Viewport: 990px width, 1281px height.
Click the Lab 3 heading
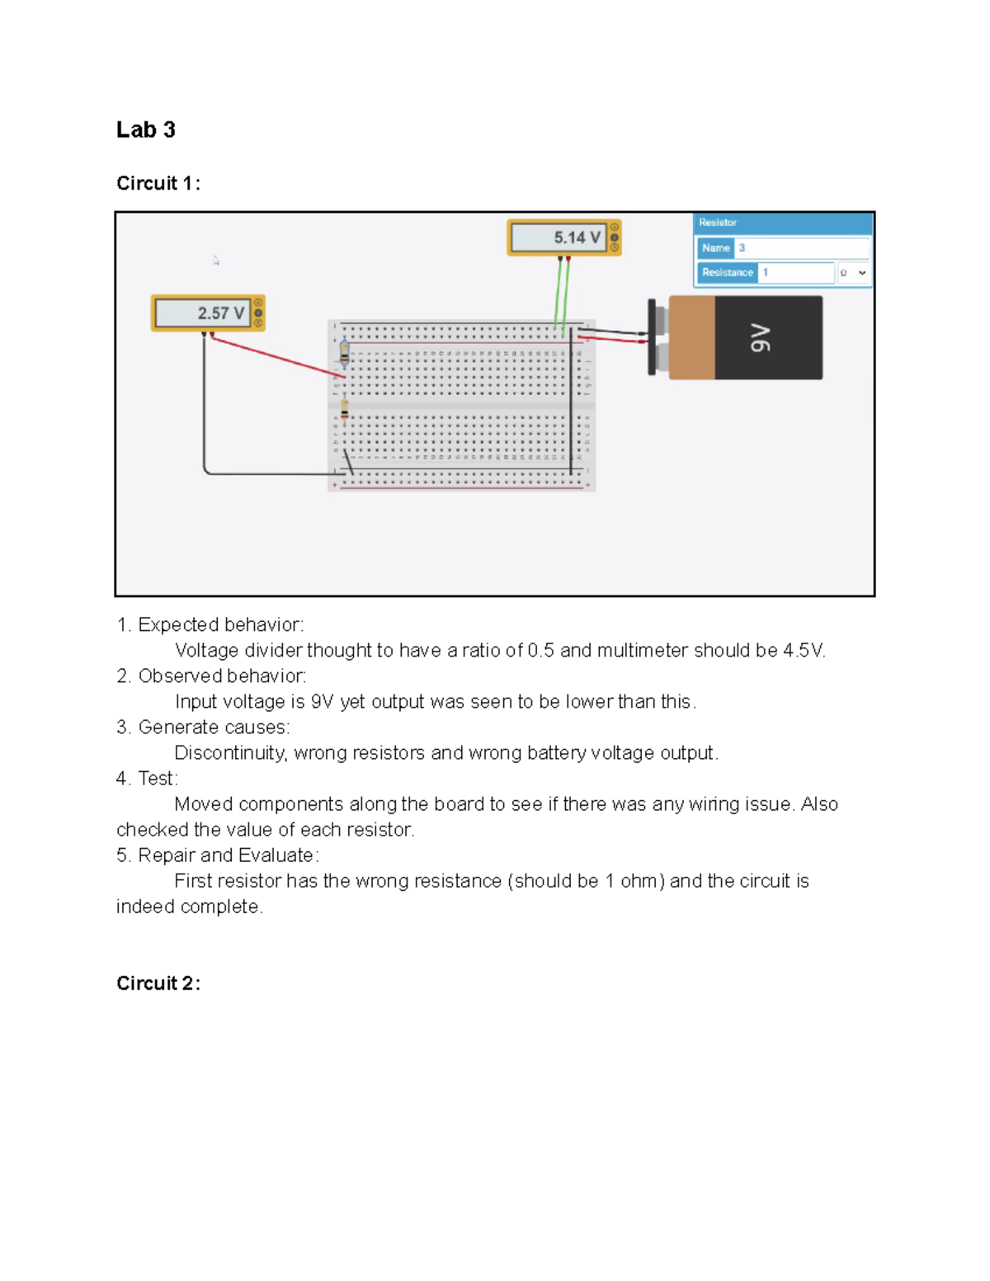[145, 130]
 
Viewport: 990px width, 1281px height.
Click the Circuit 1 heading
[158, 183]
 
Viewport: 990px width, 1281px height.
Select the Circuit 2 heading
[158, 983]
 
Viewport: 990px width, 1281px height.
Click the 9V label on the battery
[761, 338]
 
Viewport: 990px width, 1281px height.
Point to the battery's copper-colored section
[691, 338]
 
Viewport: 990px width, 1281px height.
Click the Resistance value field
[795, 272]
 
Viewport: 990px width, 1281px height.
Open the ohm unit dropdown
[853, 273]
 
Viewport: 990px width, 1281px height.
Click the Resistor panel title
[718, 223]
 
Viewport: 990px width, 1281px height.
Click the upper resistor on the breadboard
[345, 352]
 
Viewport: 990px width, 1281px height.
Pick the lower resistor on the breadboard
[345, 410]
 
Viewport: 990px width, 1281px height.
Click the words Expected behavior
[220, 624]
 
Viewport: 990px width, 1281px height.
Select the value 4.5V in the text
[803, 650]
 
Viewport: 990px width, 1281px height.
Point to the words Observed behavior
[222, 676]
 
